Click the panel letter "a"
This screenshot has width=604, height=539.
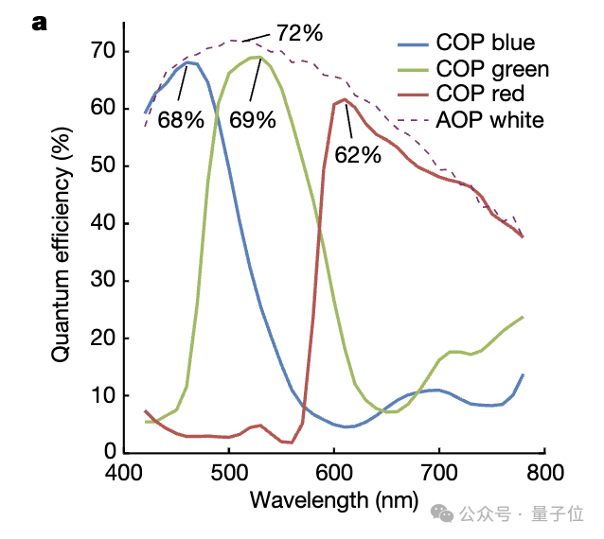point(40,23)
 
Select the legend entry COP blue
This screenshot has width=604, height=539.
point(485,43)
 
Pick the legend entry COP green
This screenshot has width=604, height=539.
point(492,69)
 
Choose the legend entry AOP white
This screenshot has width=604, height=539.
point(489,120)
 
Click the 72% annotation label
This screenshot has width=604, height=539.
point(300,33)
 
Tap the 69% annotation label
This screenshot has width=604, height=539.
point(253,120)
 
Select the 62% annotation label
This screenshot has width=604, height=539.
point(359,155)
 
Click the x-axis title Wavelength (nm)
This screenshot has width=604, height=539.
point(333,500)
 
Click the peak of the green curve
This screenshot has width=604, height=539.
point(256,57)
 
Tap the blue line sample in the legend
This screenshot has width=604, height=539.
point(412,43)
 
